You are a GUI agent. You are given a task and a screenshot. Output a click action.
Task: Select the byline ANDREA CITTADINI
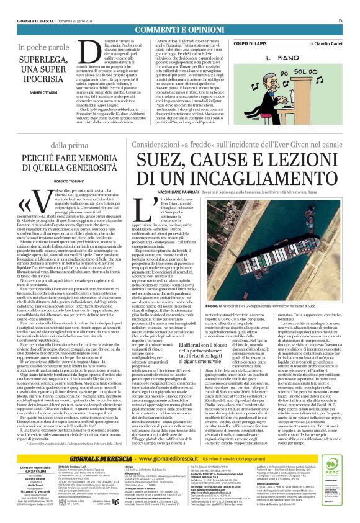pos(39,92)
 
